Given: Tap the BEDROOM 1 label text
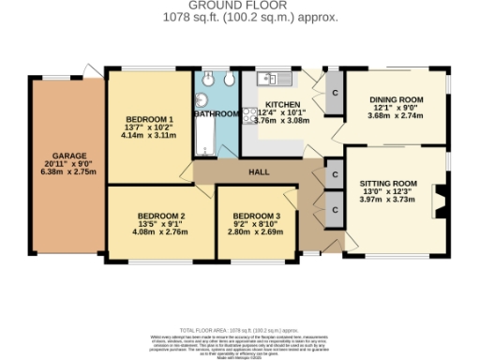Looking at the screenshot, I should click(x=149, y=119).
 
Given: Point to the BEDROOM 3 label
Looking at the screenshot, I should click(x=257, y=215).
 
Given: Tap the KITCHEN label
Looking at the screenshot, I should click(x=282, y=104).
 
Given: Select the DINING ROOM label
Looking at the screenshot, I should click(x=393, y=97).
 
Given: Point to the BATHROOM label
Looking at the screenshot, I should click(x=217, y=113).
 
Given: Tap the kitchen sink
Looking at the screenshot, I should click(x=263, y=78).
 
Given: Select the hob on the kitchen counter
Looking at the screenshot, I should click(x=249, y=115).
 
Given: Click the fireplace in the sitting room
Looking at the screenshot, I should click(x=436, y=201).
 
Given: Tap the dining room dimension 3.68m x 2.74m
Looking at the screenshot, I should click(x=393, y=115).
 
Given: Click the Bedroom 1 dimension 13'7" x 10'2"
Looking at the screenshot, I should click(x=148, y=127).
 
